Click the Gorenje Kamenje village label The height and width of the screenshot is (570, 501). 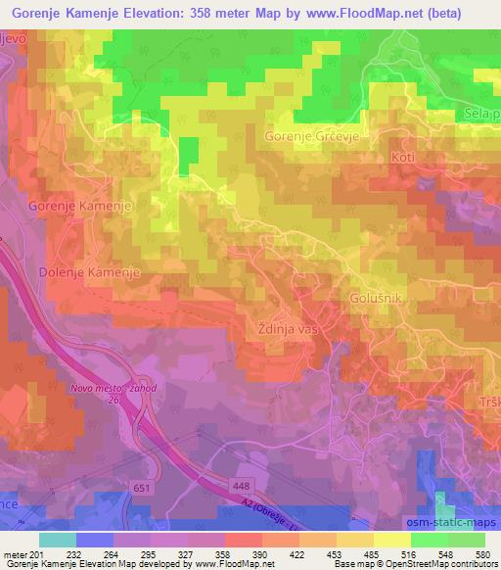(80, 206)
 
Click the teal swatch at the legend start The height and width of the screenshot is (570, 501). (57, 541)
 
